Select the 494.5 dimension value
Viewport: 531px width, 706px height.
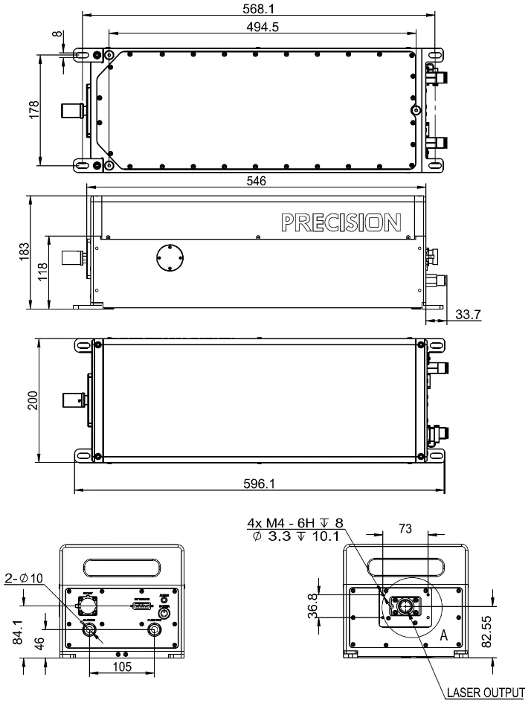[x=263, y=28]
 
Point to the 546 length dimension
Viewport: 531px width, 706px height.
[x=257, y=182]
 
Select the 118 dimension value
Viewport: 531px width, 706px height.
[x=42, y=272]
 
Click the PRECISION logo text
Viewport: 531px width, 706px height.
[x=341, y=222]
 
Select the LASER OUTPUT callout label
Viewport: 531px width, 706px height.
[x=480, y=693]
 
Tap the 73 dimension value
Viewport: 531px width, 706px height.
[x=405, y=527]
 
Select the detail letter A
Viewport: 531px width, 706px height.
[x=444, y=636]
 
